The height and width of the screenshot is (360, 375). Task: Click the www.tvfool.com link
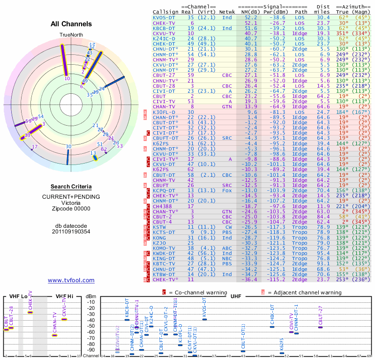pyautogui.click(x=71, y=280)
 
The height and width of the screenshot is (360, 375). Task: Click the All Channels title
pyautogui.click(x=71, y=23)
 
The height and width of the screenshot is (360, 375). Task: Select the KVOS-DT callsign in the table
pyautogui.click(x=164, y=17)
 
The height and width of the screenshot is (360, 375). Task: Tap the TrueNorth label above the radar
pyautogui.click(x=71, y=36)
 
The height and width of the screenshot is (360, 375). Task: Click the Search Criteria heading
pyautogui.click(x=71, y=187)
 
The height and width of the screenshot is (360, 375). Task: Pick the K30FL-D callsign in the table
pyautogui.click(x=164, y=112)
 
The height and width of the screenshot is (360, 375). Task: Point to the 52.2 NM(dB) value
pyautogui.click(x=250, y=17)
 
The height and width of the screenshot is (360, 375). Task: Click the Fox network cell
pyautogui.click(x=227, y=191)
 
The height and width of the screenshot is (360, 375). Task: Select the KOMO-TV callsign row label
pyautogui.click(x=164, y=248)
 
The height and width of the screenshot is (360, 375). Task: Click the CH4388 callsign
pyautogui.click(x=163, y=206)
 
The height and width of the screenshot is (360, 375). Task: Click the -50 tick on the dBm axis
pyautogui.click(x=90, y=326)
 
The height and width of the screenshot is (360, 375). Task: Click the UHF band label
pyautogui.click(x=236, y=296)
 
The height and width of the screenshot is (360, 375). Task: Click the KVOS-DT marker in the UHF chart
pyautogui.click(x=205, y=319)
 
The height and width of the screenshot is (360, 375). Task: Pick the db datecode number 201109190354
pyautogui.click(x=71, y=232)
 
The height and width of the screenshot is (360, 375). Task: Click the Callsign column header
pyautogui.click(x=165, y=11)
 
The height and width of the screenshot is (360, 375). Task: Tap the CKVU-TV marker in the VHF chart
pyautogui.click(x=64, y=319)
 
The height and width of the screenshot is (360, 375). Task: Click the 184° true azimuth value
pyautogui.click(x=343, y=112)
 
